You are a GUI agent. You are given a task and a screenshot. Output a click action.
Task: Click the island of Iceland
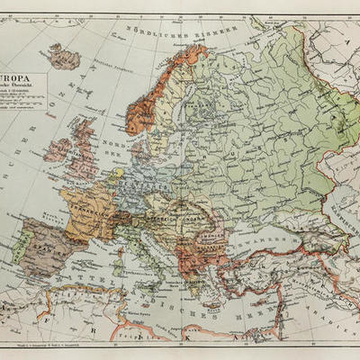[x=64, y=58]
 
